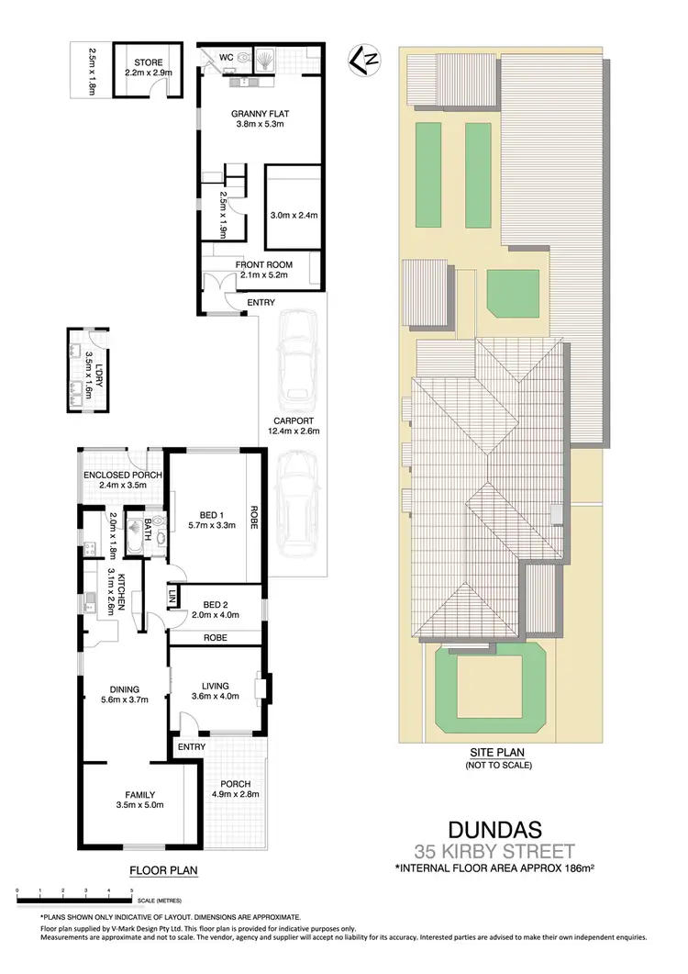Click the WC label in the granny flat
[x=226, y=56]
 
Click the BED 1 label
[x=212, y=514]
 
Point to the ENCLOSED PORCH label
[x=114, y=475]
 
